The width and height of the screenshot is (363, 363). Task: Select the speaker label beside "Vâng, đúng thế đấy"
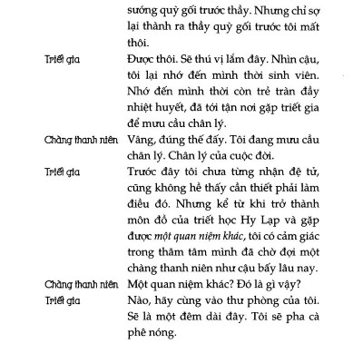pos(82,144)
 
